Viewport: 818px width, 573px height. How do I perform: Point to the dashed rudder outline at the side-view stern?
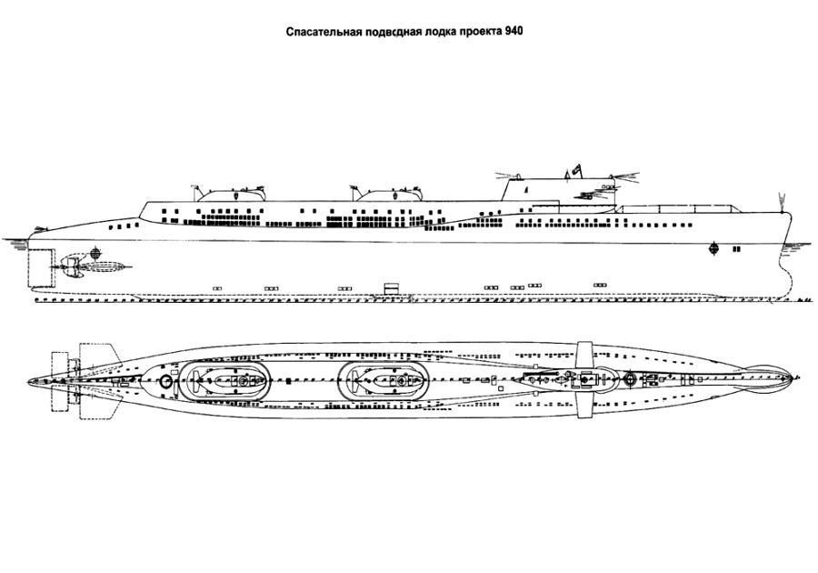(x=40, y=266)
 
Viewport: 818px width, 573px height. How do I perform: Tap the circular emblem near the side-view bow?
(x=713, y=247)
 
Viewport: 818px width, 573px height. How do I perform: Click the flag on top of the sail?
(x=574, y=170)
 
